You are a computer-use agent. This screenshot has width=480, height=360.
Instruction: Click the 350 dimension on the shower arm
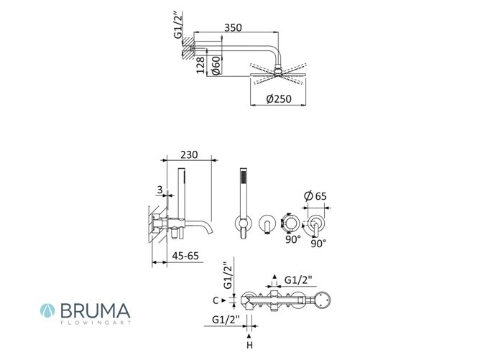233,27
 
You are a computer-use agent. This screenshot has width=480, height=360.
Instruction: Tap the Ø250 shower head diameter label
279,98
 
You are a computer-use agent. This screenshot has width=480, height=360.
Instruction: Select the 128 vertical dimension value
200,65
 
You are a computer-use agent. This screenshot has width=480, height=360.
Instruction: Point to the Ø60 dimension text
216,65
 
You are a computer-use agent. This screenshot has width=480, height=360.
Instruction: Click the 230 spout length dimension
189,154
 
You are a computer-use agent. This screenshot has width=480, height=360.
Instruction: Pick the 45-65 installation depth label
185,256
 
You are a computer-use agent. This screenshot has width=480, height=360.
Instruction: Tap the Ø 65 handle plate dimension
315,195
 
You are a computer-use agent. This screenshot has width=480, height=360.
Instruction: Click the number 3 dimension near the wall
160,190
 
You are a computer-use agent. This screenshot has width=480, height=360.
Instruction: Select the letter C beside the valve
216,300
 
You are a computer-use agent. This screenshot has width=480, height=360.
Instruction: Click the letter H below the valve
250,346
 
